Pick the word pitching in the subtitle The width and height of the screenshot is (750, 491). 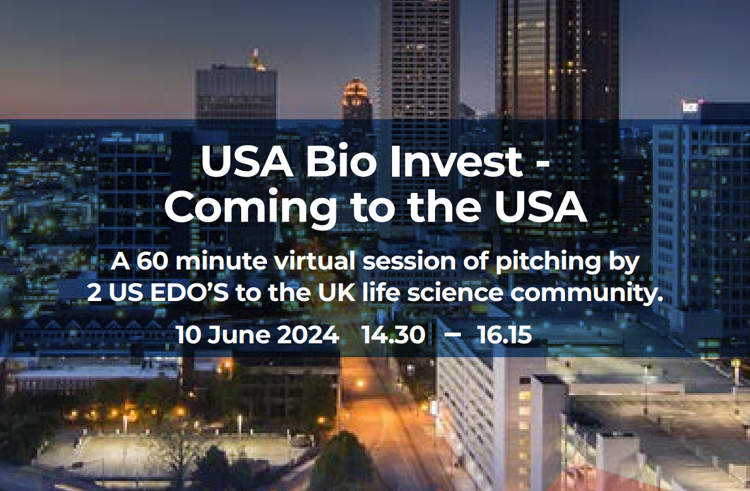point(547,263)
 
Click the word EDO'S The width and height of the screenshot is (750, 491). point(189,293)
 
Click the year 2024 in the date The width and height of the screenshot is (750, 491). point(308,334)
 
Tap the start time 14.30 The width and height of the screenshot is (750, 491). point(393,334)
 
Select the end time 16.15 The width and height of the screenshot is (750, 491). point(504,334)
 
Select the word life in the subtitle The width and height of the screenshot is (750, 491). point(381,293)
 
